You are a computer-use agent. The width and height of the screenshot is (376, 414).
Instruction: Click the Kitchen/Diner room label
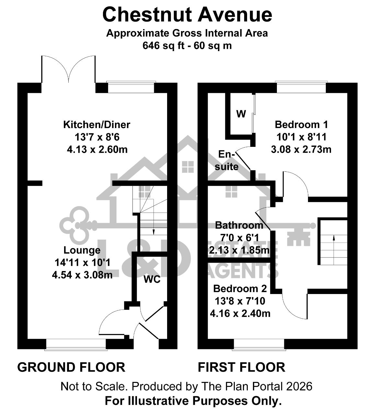point(97,125)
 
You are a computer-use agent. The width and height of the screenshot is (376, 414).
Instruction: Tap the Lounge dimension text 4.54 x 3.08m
point(82,275)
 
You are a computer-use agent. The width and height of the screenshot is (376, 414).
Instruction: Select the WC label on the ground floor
point(152,279)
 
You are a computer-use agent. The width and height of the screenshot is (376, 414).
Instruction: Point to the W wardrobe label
point(241,114)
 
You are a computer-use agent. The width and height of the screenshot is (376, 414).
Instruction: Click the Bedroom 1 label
point(301,125)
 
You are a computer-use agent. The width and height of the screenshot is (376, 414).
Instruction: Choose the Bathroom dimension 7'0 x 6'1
point(240,238)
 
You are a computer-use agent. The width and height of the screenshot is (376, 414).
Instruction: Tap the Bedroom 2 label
point(240,289)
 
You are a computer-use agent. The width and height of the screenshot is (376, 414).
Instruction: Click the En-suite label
point(227,160)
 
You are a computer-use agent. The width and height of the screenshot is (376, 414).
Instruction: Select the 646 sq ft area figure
point(163,45)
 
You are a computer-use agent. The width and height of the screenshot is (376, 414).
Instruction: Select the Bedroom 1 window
point(302,87)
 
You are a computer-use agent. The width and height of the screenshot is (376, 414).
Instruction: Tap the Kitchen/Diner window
point(131,87)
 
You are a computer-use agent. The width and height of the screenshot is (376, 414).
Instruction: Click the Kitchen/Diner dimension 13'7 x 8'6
point(97,137)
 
